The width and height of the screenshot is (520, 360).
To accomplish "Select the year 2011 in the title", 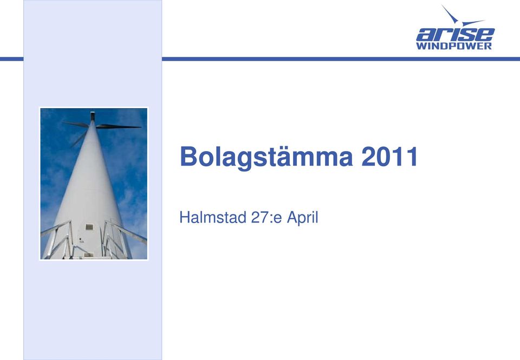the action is (389, 156).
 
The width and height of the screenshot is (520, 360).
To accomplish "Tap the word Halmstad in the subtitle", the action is (212, 218).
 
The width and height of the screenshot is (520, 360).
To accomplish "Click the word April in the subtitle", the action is (302, 218).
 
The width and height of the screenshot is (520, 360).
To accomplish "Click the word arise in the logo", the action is (456, 34).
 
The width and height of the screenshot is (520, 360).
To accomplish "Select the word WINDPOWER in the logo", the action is (454, 46).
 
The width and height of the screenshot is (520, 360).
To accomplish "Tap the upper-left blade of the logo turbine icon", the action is (450, 13).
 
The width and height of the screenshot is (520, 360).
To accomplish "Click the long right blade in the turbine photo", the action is (119, 126).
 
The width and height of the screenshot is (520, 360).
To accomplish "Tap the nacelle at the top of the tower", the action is (93, 116).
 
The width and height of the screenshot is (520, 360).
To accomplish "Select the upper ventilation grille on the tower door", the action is (89, 227).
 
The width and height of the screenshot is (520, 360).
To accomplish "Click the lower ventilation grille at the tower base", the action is (88, 254).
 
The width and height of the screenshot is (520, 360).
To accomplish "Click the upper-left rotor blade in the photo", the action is (76, 125).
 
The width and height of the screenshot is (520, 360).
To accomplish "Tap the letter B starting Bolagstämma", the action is (188, 156).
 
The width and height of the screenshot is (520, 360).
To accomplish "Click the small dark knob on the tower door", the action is (80, 239).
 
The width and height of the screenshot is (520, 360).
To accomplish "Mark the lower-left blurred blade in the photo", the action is (78, 139).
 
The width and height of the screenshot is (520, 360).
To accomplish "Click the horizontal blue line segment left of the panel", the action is (11, 59).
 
